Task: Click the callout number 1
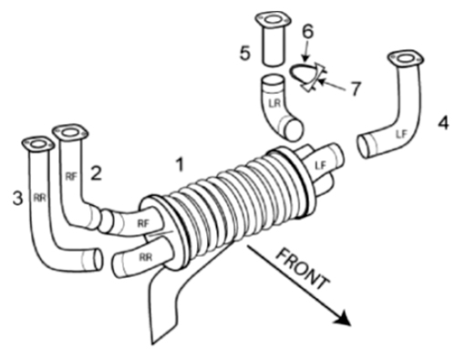181,165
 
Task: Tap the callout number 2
97,174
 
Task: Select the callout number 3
17,199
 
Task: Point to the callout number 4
443,123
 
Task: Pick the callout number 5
245,54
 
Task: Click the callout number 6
308,31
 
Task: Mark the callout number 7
355,88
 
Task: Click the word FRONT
303,269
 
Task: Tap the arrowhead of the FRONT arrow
343,318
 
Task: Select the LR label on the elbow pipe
274,103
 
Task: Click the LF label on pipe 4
401,134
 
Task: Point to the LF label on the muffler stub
320,166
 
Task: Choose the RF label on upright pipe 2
71,176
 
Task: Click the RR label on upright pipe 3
39,198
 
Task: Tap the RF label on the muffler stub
143,223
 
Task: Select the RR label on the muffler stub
145,257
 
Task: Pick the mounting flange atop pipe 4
406,58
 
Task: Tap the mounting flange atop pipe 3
38,144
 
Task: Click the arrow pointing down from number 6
306,50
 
